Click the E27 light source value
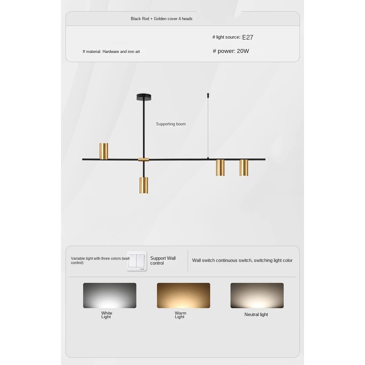(x=247, y=37)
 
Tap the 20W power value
(x=243, y=51)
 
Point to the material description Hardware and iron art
(x=121, y=52)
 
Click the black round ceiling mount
(x=145, y=97)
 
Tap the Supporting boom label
(x=171, y=124)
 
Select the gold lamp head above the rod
(x=104, y=151)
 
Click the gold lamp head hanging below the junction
(x=143, y=185)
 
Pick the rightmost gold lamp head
(x=244, y=168)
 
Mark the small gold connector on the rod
(x=143, y=160)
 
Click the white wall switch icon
(x=137, y=261)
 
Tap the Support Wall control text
(x=163, y=261)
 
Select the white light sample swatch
(x=109, y=295)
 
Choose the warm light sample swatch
(x=183, y=295)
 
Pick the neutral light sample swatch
(x=257, y=295)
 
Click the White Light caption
(x=107, y=315)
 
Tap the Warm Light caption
(x=180, y=315)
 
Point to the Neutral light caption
(x=256, y=315)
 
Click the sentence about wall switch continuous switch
(x=242, y=261)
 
